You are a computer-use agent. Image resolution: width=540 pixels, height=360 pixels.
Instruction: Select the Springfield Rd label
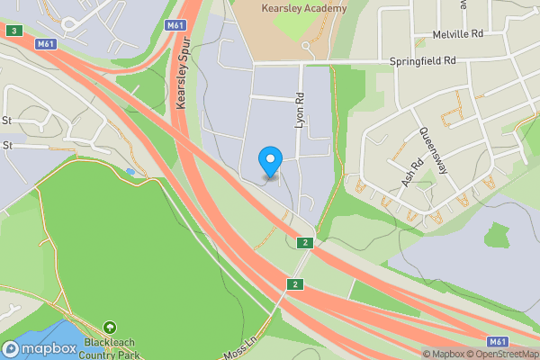(x=424, y=60)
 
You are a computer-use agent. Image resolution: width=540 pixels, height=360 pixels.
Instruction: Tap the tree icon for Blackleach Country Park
(x=109, y=328)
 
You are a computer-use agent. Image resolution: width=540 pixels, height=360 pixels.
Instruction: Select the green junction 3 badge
(x=13, y=31)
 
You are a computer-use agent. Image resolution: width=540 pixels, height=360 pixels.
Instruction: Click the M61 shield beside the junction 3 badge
(x=47, y=43)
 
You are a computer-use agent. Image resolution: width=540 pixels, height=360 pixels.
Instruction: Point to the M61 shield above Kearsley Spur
(x=175, y=25)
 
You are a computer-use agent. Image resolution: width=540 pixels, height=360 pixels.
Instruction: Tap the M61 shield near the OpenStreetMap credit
(x=497, y=341)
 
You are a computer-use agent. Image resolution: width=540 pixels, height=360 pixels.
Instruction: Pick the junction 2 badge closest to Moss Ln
(x=293, y=284)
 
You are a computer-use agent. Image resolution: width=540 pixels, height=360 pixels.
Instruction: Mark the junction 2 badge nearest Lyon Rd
(x=305, y=243)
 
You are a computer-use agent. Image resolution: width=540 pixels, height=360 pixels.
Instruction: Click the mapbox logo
(x=39, y=348)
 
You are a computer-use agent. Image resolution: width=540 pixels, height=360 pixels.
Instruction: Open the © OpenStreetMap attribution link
(x=505, y=354)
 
